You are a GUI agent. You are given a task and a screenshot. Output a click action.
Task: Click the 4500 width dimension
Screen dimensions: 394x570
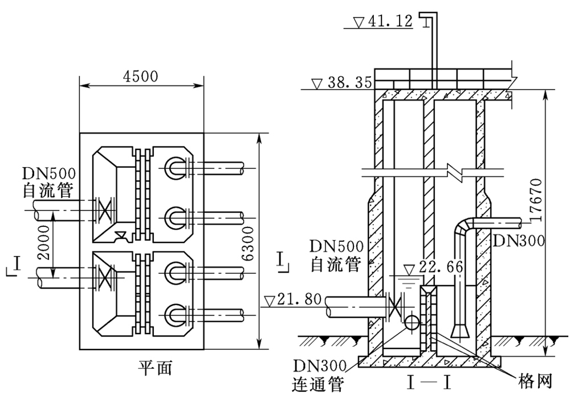(x=141, y=76)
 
